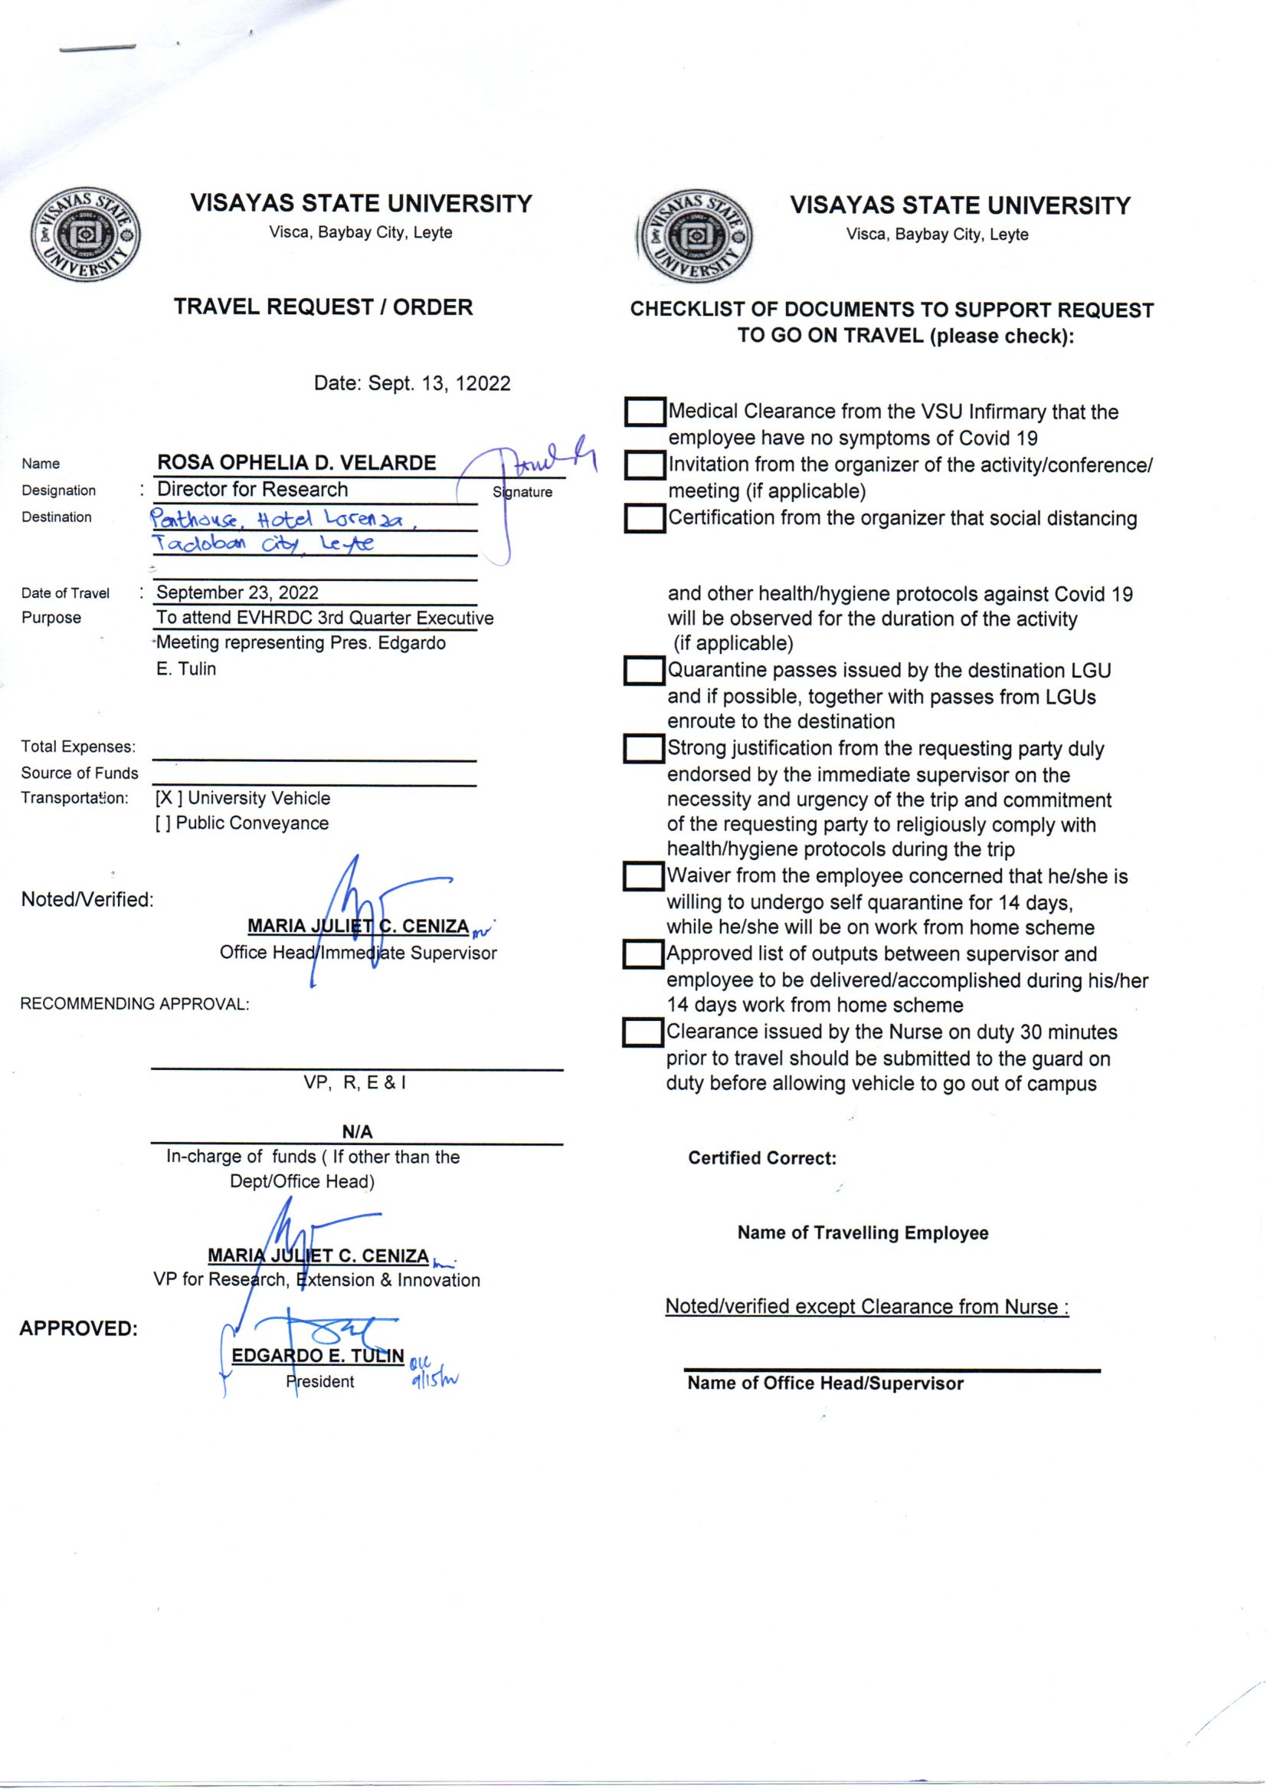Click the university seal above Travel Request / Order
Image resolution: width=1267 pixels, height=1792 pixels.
[x=86, y=235]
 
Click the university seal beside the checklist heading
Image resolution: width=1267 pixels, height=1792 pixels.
[x=695, y=236]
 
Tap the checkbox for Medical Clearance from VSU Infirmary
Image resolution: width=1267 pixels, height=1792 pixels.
[x=644, y=412]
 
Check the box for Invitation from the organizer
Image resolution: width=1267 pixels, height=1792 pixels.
[x=644, y=466]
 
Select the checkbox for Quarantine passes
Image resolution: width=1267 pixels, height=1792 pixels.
[x=643, y=671]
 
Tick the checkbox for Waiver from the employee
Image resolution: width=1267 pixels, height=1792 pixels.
[x=643, y=877]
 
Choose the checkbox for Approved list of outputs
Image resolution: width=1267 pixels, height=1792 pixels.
[x=643, y=954]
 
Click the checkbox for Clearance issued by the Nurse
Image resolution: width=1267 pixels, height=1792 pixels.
[x=643, y=1032]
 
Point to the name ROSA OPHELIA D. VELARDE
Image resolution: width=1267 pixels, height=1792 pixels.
[x=296, y=463]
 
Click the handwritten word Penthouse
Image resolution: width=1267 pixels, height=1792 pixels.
[x=195, y=518]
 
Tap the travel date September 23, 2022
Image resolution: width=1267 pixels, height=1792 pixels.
[x=237, y=592]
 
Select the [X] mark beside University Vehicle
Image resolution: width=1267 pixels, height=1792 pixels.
[x=169, y=799]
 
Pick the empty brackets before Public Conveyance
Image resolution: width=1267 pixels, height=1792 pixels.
[x=162, y=823]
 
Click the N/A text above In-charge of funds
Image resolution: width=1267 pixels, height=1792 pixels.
[x=357, y=1132]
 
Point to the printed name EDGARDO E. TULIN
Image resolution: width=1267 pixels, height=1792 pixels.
[x=318, y=1356]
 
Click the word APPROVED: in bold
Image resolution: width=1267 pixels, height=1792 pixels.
[x=78, y=1328]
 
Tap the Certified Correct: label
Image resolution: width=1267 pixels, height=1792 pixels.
[x=761, y=1158]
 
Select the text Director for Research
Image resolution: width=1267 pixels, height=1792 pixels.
[x=253, y=489]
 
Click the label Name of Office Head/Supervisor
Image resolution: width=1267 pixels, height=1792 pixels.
[x=825, y=1383]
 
